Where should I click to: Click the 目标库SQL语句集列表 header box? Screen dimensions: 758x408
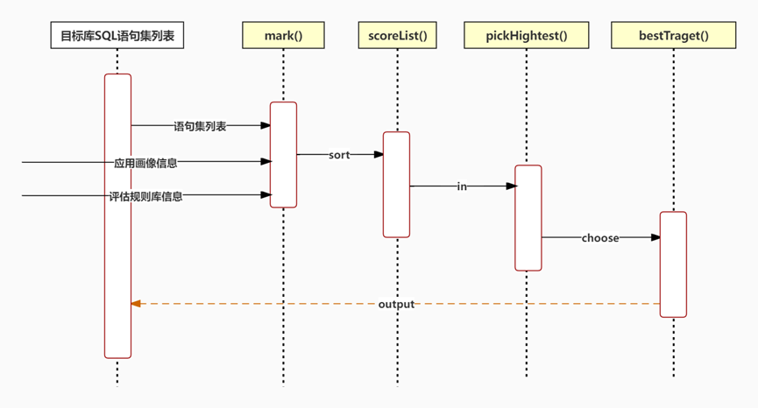click(x=117, y=35)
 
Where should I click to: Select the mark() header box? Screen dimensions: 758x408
click(x=283, y=35)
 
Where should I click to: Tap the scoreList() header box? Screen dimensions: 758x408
click(x=397, y=35)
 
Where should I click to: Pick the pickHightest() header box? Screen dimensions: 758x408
click(x=527, y=35)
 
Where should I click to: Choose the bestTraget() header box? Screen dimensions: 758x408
click(x=673, y=35)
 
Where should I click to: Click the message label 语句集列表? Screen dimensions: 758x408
click(x=200, y=126)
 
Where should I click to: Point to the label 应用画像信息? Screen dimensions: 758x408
click(x=145, y=163)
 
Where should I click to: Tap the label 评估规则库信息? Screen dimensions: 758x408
click(x=145, y=196)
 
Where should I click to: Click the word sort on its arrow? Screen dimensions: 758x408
click(x=339, y=155)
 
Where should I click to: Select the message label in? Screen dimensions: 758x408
click(x=462, y=186)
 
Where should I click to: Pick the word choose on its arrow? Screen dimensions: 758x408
click(x=600, y=238)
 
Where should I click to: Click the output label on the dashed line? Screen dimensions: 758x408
click(x=396, y=304)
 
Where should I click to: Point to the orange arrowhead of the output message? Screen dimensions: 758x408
click(x=136, y=304)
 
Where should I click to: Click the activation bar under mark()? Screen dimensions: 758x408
click(x=283, y=154)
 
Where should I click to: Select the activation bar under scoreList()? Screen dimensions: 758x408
click(x=396, y=185)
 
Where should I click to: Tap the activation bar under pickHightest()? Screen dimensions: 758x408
click(x=528, y=218)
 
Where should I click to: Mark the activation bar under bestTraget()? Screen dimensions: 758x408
click(x=673, y=264)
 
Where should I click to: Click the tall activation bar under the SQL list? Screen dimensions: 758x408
click(x=117, y=216)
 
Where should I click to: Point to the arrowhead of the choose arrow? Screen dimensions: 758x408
click(x=655, y=237)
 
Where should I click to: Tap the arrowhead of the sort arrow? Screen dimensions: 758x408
click(x=379, y=154)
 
